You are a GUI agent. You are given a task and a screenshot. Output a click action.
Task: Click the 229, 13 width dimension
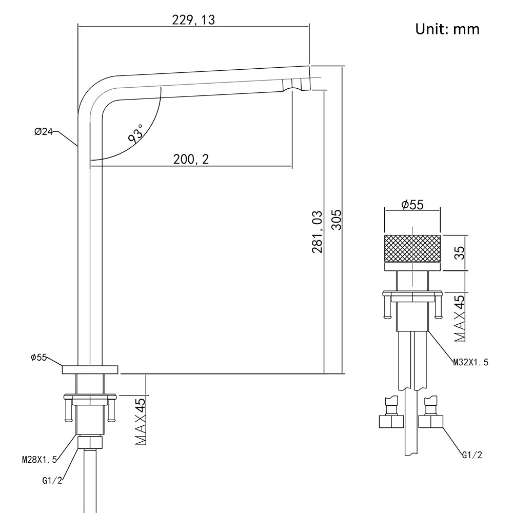pos(194,20)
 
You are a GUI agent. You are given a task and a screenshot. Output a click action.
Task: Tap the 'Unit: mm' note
pos(447,29)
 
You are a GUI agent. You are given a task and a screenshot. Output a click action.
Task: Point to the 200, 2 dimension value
pos(191,160)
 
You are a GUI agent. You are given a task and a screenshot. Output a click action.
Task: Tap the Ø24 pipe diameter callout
pos(44,132)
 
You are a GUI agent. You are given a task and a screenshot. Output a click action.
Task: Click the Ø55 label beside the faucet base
pos(39,357)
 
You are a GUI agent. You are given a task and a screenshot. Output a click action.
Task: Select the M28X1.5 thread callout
pos(39,460)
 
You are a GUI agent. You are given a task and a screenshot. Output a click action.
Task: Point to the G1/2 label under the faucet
pos(52,481)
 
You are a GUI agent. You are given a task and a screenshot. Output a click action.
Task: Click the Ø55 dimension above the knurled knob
pos(412,205)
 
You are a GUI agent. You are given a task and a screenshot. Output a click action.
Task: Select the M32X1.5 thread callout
pos(470,362)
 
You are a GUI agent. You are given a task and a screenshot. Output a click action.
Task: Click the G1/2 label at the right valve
pos(472,455)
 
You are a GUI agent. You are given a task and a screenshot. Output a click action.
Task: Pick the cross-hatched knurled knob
pos(412,247)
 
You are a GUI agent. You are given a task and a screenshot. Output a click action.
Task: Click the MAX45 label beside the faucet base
pos(140,422)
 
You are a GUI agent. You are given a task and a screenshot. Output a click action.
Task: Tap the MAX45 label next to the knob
pos(460,318)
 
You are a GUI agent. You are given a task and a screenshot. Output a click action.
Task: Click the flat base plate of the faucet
pos(90,369)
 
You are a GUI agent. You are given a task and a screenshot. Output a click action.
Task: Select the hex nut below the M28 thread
pos(90,442)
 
